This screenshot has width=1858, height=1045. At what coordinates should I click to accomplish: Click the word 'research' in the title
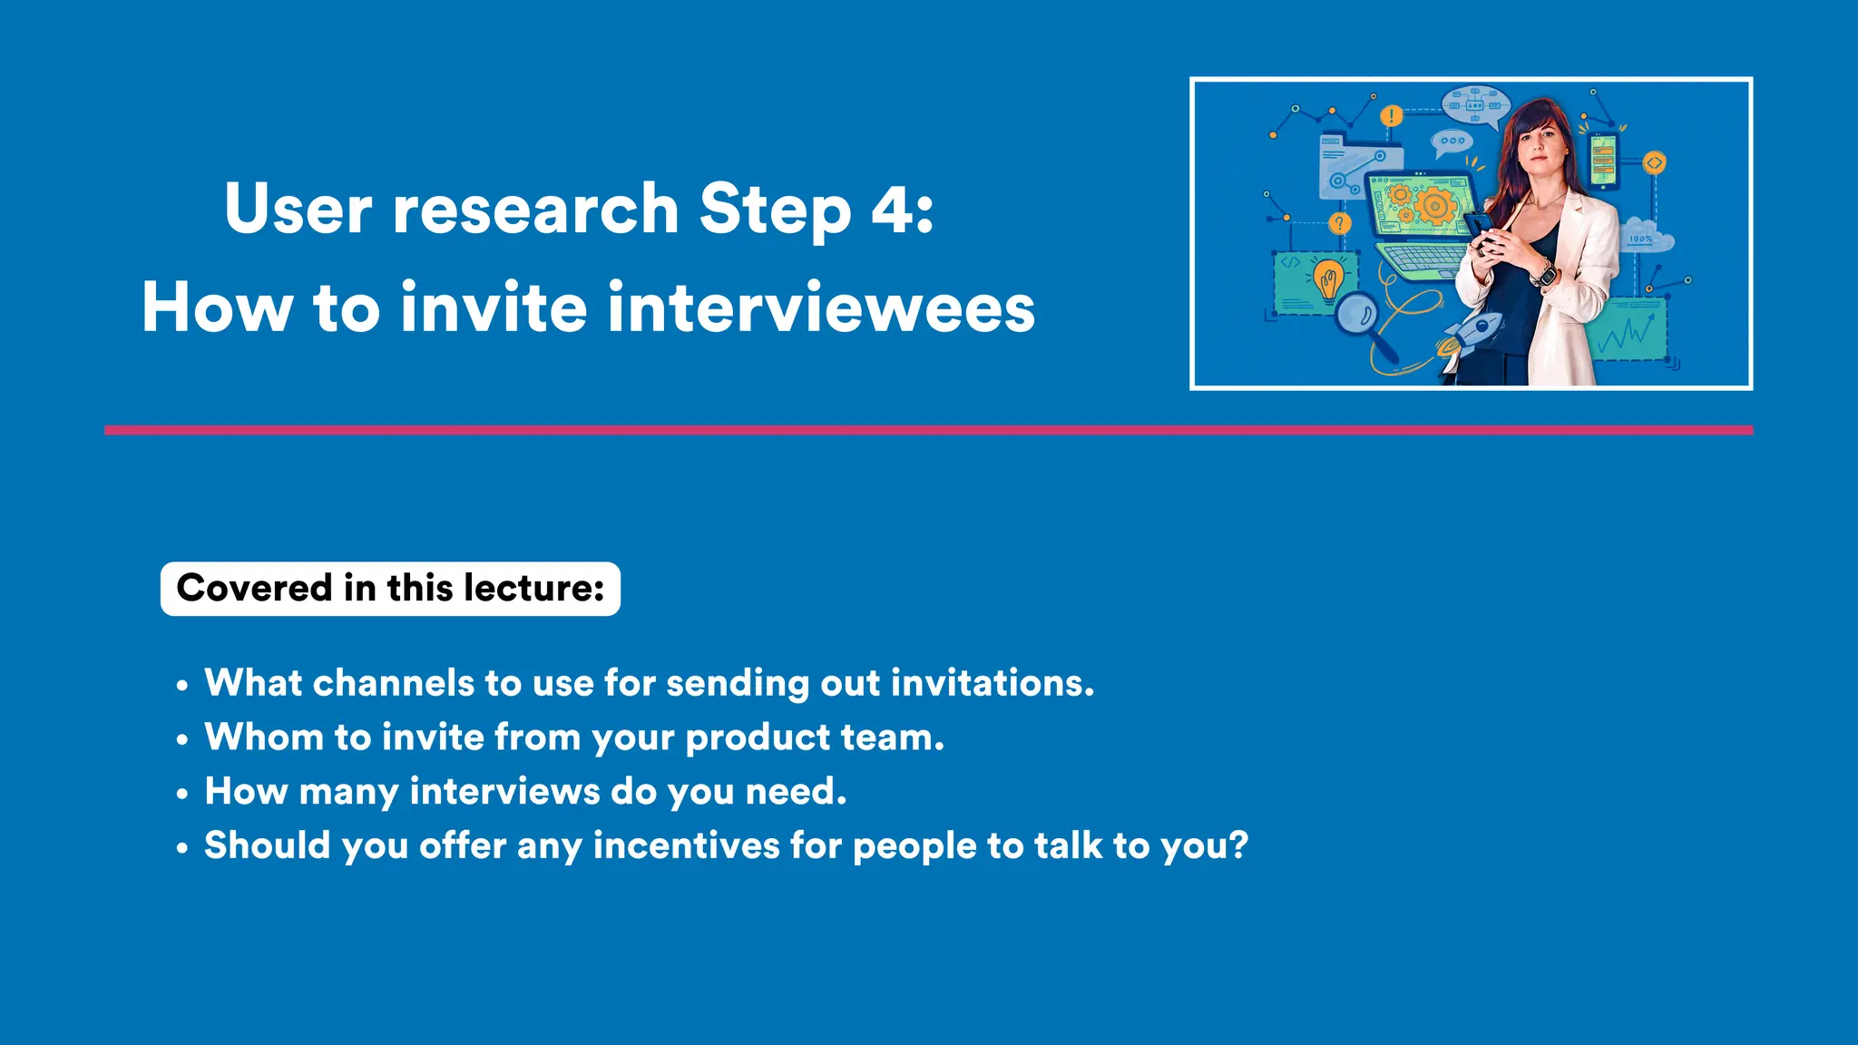click(535, 210)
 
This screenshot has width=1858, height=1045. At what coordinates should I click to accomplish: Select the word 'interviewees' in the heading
click(821, 308)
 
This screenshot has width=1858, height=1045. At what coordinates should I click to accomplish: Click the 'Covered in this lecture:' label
click(390, 589)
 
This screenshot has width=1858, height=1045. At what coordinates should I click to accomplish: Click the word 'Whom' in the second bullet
click(263, 737)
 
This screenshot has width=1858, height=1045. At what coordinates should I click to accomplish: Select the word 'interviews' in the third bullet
click(504, 792)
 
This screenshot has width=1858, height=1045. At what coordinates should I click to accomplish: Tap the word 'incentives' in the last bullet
click(686, 846)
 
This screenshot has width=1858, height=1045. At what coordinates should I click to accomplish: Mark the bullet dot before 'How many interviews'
click(182, 794)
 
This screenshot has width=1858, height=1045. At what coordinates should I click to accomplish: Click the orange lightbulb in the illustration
click(1329, 278)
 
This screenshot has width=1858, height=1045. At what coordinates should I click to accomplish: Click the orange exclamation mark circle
click(1391, 116)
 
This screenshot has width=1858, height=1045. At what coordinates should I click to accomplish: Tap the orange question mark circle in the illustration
click(1339, 223)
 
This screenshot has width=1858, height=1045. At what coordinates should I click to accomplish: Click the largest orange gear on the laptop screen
click(1434, 205)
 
